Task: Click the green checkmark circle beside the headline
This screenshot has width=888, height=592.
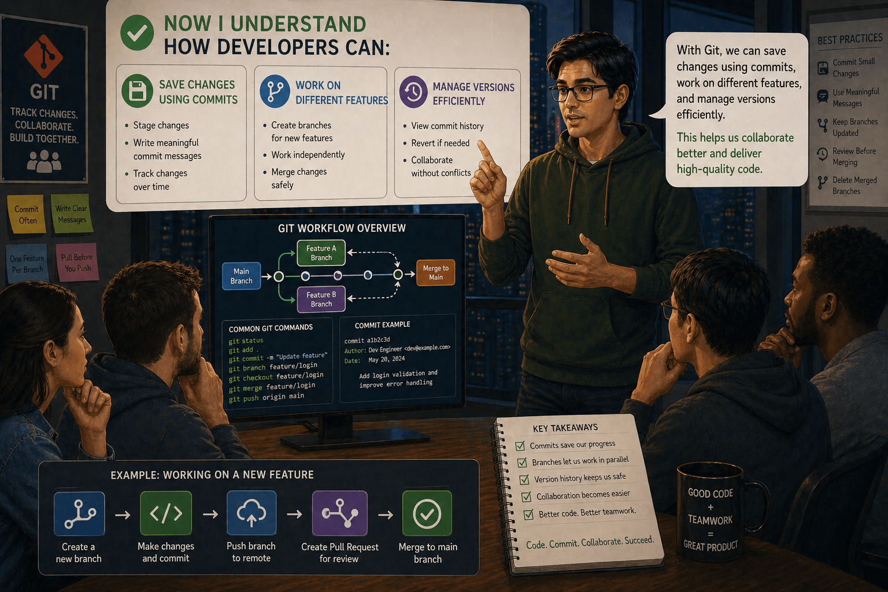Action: (x=137, y=32)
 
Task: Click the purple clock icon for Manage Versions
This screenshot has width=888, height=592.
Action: (x=413, y=91)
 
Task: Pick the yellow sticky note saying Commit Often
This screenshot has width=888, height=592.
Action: (x=27, y=214)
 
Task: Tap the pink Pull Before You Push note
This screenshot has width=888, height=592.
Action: (x=77, y=262)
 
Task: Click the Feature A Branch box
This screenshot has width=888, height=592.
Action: (x=321, y=253)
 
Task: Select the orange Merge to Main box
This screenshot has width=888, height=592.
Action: (x=436, y=273)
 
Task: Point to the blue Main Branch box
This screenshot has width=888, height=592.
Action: (x=242, y=276)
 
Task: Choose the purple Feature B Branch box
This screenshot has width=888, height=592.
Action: (x=321, y=299)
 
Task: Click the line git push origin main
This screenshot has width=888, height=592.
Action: (x=267, y=397)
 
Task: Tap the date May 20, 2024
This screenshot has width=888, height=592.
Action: (x=387, y=360)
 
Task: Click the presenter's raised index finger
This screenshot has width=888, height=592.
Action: (x=484, y=153)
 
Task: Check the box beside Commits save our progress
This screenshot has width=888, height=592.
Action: (x=520, y=446)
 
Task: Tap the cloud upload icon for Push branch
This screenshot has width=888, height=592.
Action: (x=251, y=513)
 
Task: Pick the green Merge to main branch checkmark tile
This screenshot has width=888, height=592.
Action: (x=427, y=513)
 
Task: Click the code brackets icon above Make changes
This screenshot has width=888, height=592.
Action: (x=166, y=513)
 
